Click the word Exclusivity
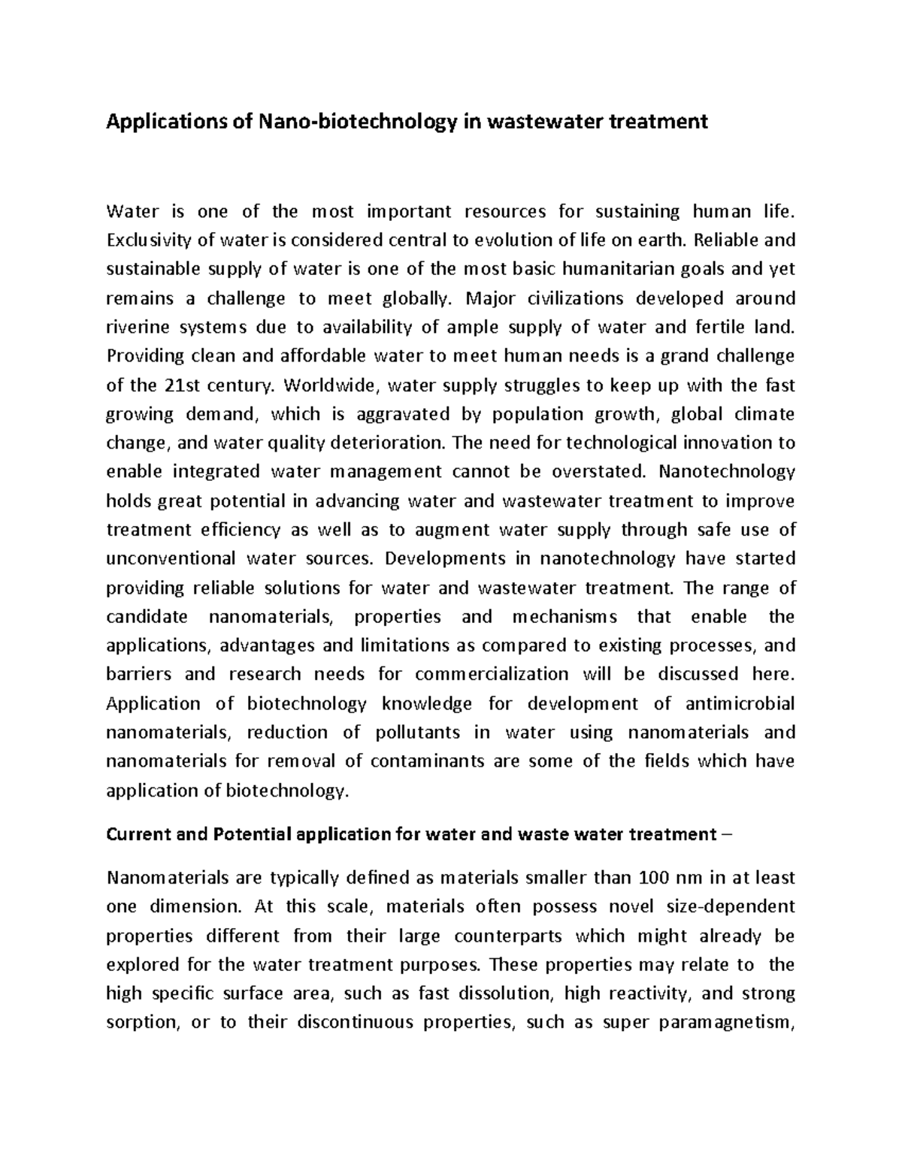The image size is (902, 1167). (x=150, y=240)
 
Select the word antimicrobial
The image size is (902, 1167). (x=740, y=703)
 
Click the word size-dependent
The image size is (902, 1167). (x=722, y=907)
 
